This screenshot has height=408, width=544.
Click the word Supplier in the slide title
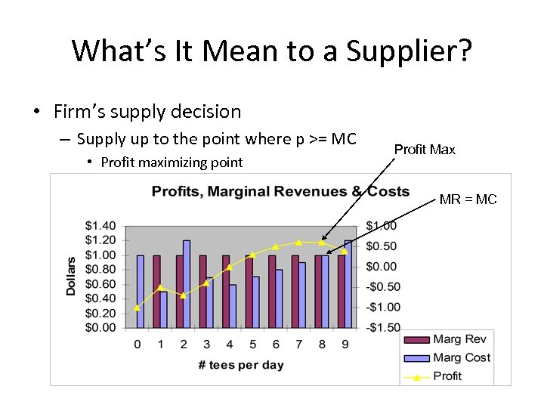point(409,51)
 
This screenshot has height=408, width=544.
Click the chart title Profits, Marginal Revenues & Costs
point(280,191)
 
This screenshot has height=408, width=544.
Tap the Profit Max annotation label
point(425,150)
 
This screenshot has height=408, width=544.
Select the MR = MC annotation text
point(468,199)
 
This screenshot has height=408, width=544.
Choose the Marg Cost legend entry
point(461,357)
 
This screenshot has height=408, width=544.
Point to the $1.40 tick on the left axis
point(100,226)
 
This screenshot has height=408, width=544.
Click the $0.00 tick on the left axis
point(100,328)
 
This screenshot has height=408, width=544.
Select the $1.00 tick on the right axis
point(381,226)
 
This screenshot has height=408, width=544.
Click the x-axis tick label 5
point(253,345)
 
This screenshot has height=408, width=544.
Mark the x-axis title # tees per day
point(241,365)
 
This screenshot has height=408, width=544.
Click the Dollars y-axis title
point(71,277)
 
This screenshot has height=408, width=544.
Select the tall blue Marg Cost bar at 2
point(187,283)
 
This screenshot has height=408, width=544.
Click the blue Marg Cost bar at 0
point(140,291)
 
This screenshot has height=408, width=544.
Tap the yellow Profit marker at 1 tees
point(159,287)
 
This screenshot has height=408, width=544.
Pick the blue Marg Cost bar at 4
point(233,306)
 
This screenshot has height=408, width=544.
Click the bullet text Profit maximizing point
point(172,162)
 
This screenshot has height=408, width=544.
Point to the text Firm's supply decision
point(147,112)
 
